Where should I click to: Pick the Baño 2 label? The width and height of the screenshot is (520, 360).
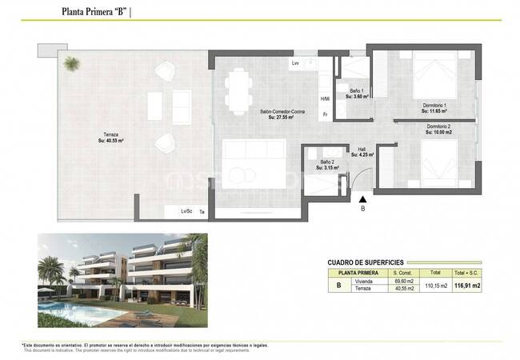tap(327, 164)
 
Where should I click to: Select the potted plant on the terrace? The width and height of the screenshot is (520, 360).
tap(72, 62)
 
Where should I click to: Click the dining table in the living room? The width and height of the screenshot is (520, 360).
tap(238, 90)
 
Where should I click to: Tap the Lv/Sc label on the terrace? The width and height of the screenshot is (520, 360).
tap(186, 211)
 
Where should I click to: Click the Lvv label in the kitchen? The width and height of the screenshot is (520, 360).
tap(295, 62)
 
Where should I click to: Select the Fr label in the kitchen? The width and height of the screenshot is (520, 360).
tap(326, 115)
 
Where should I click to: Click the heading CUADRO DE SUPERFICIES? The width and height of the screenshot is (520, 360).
tap(366, 262)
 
